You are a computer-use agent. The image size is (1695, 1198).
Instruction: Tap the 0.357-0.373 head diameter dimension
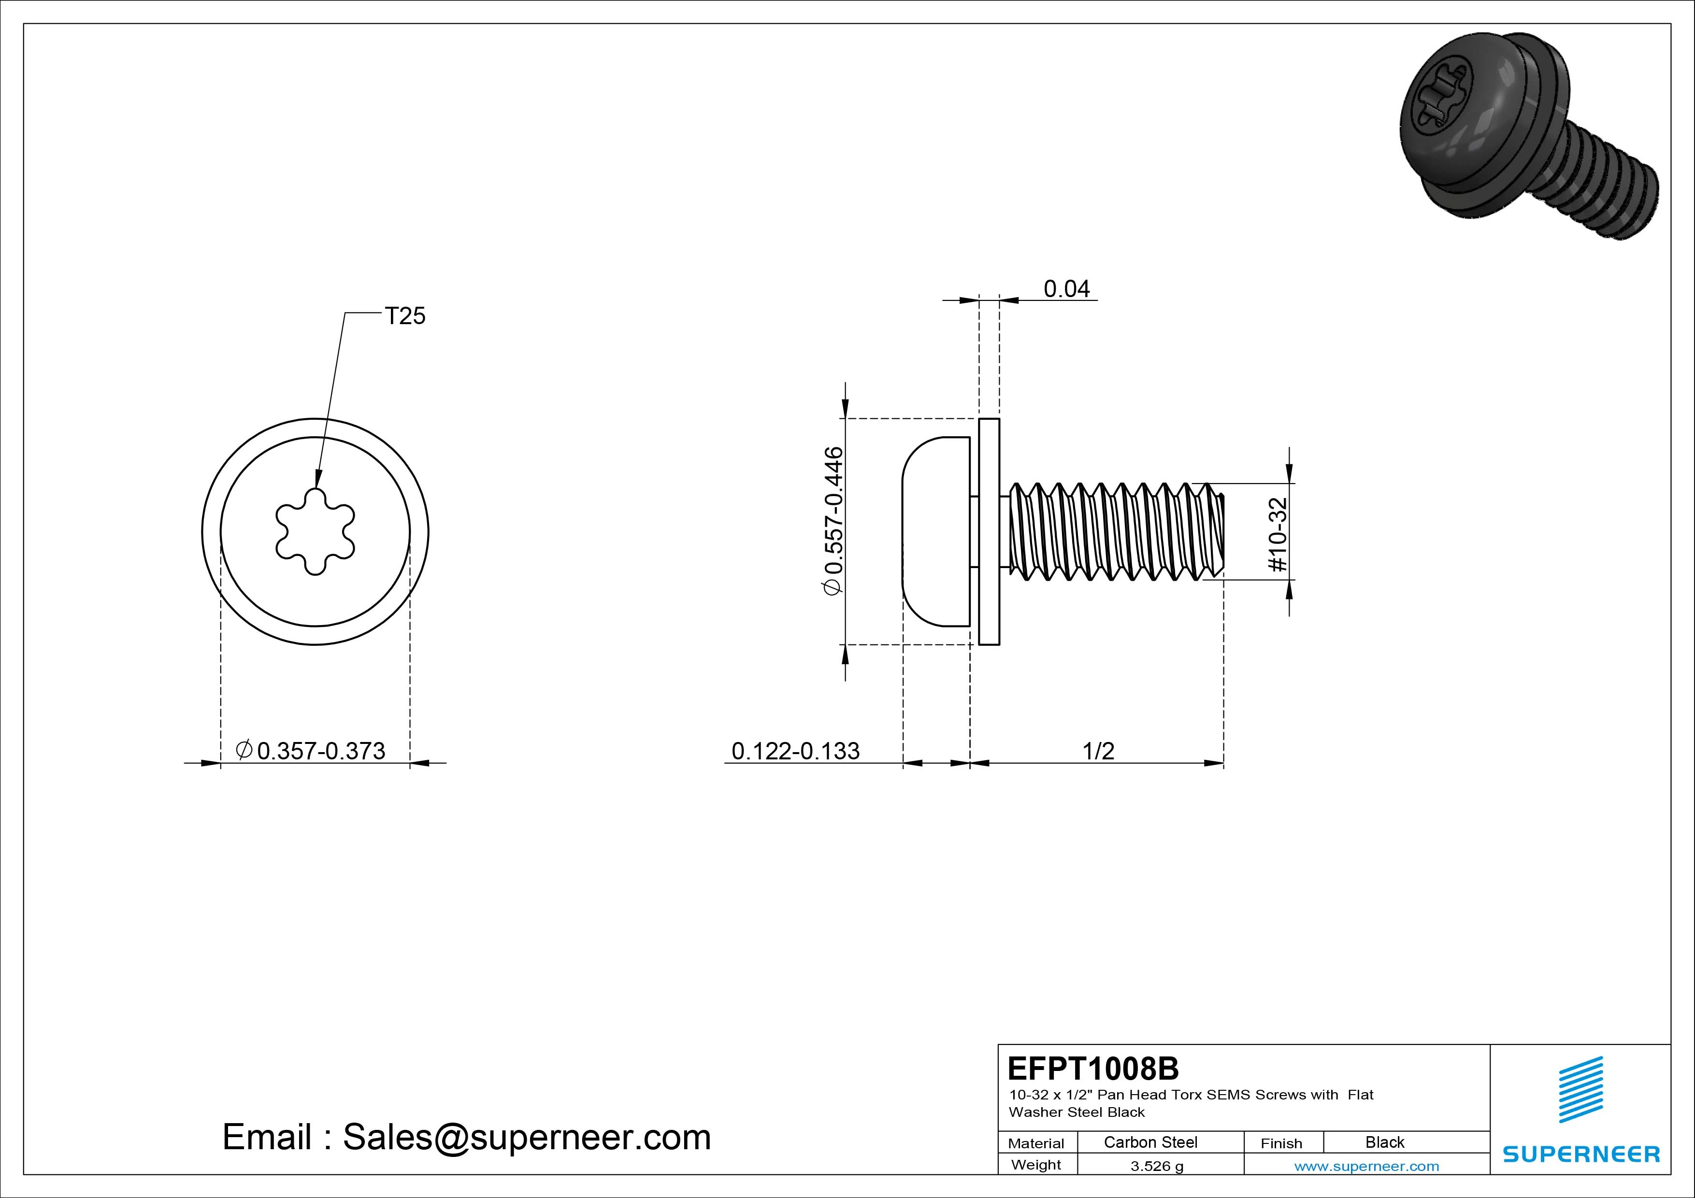[320, 751]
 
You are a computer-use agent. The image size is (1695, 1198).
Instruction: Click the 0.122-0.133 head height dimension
[795, 751]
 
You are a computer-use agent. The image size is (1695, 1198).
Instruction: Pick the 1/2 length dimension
[1098, 751]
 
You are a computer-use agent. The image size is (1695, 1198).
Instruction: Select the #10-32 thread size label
[1278, 534]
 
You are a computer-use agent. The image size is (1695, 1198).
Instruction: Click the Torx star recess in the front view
[315, 531]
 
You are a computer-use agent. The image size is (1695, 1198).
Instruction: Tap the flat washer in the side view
[989, 531]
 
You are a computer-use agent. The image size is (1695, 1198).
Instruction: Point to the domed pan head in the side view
[934, 531]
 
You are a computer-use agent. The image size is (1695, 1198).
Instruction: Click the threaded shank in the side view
[1115, 531]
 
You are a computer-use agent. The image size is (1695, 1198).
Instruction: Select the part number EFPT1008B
[1092, 1068]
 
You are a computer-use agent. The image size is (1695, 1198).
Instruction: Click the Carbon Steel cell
[1150, 1142]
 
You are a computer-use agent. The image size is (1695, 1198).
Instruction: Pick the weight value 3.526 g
[1157, 1166]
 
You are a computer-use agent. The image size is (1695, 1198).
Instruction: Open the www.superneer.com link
[1366, 1166]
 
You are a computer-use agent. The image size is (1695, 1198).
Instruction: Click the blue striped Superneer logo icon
[1580, 1089]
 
